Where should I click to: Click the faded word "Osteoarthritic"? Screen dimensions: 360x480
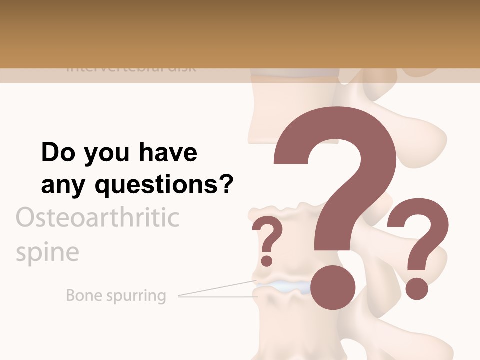[98, 218]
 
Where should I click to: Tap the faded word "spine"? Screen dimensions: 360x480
[47, 252]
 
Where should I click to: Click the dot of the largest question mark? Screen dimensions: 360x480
[333, 287]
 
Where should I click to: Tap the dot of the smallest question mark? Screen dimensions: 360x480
[267, 260]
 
